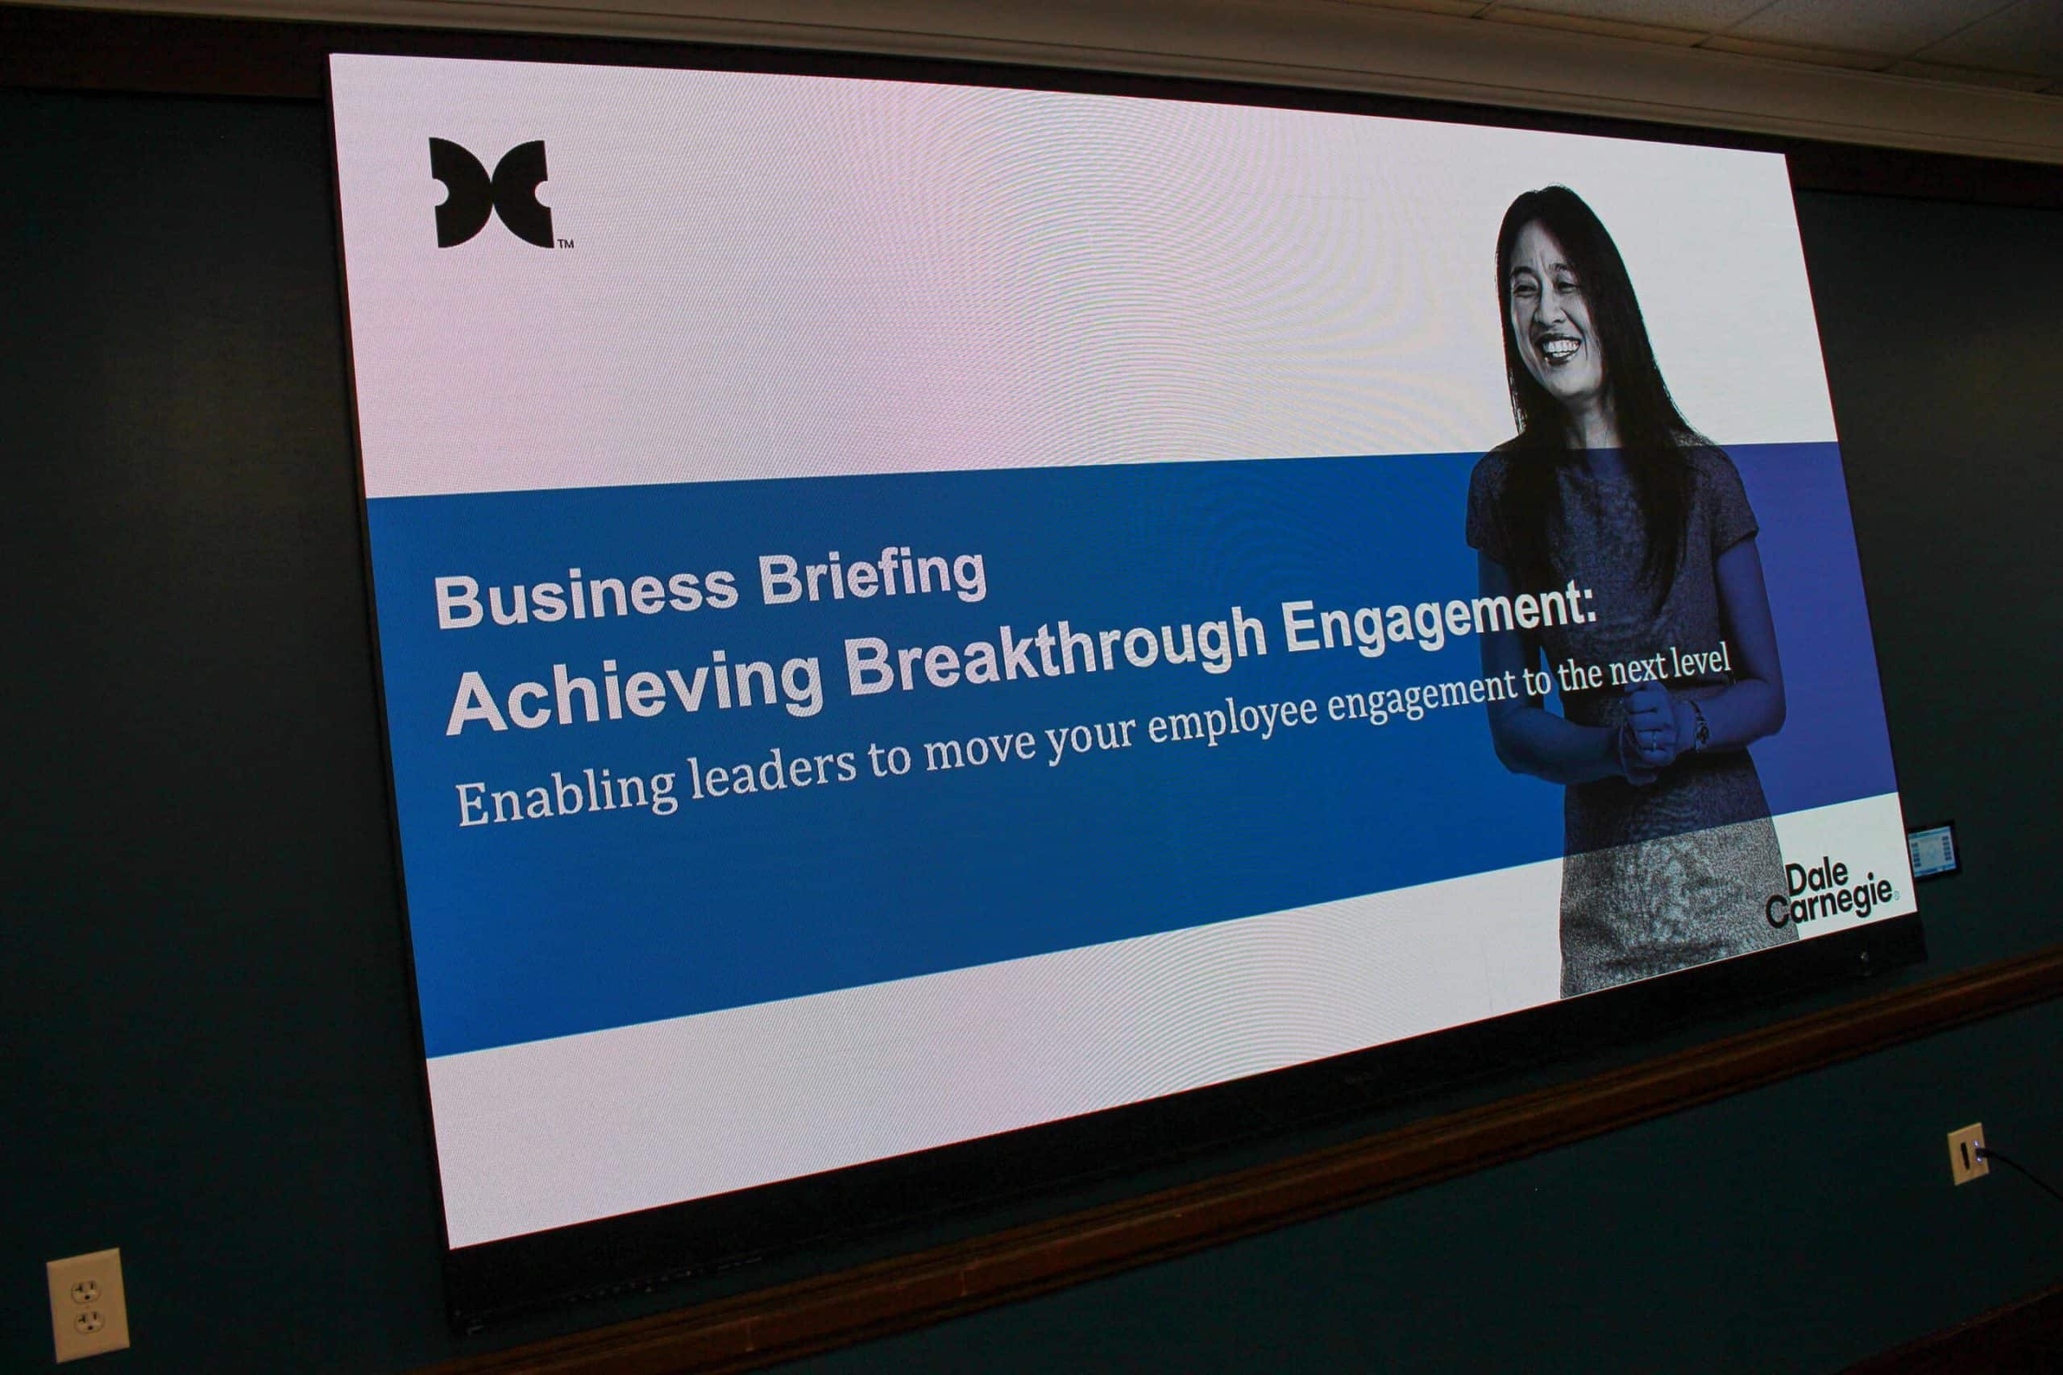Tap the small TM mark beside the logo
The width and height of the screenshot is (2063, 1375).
point(566,244)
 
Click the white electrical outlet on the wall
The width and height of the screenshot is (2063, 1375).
point(88,1304)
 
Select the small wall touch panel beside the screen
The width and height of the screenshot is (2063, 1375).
point(1932,851)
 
